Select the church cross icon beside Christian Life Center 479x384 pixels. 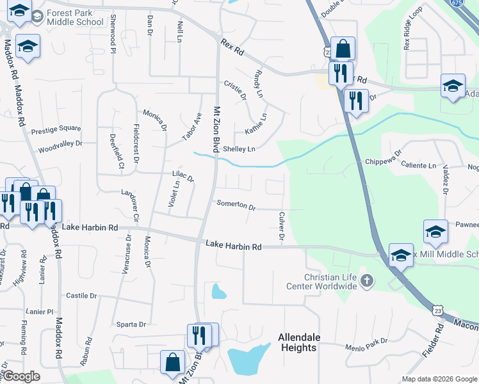click(366, 280)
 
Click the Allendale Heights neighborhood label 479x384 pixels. click(298, 342)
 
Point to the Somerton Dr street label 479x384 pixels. click(236, 207)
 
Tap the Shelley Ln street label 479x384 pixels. click(239, 149)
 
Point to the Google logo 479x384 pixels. click(22, 376)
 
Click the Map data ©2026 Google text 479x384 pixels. click(439, 379)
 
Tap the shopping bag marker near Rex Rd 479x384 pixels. click(343, 49)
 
